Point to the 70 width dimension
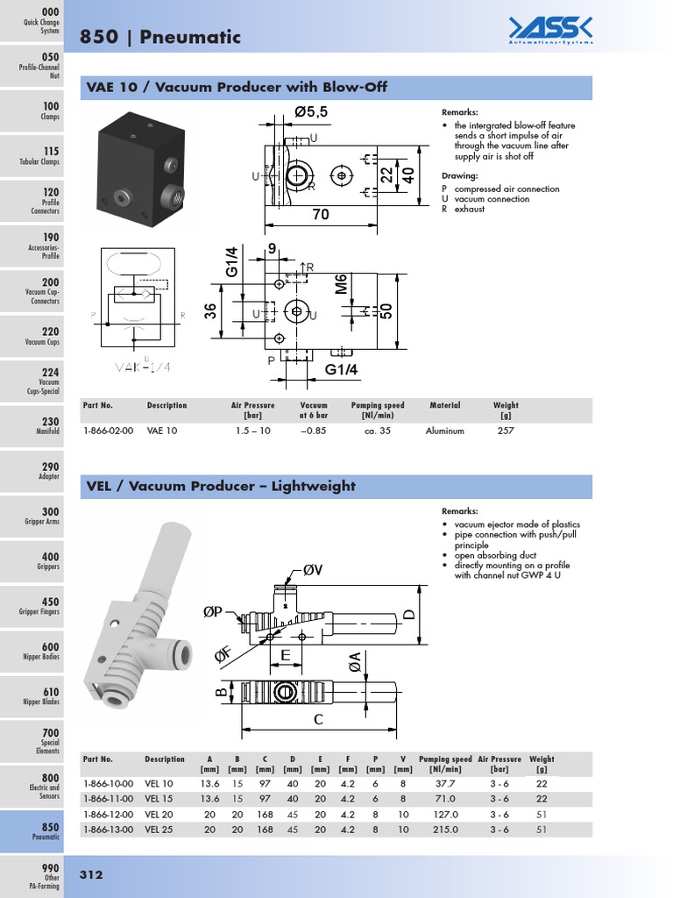point(321,214)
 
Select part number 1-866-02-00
point(108,431)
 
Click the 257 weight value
point(506,431)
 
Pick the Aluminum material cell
point(445,431)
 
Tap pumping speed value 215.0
point(445,830)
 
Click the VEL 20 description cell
point(159,814)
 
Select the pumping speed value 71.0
point(445,799)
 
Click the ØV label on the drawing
point(313,570)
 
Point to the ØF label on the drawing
point(223,654)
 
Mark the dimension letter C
point(318,719)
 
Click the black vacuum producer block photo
point(140,166)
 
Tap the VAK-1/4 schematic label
point(142,367)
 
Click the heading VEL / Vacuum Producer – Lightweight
point(221,486)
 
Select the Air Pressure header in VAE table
point(252,410)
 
